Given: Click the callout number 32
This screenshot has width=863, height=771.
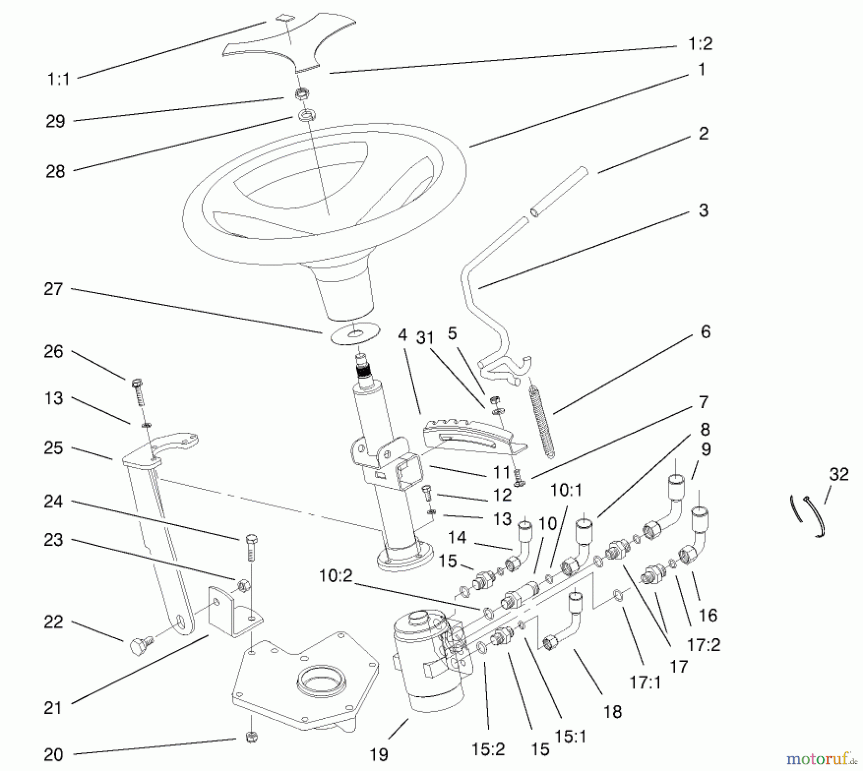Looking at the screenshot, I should click(x=839, y=474).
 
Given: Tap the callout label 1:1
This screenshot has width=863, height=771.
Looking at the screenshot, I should click(x=58, y=80).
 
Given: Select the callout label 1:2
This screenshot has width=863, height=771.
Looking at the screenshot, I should click(x=700, y=44).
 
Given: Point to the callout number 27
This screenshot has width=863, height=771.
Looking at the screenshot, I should click(x=53, y=289).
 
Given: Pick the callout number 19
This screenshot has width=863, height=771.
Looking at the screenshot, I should click(x=379, y=755).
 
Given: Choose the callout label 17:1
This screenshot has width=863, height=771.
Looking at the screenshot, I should click(x=645, y=682).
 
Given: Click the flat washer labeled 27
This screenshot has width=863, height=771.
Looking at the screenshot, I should click(x=355, y=333).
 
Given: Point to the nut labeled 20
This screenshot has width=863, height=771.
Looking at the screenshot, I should click(x=252, y=736).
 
